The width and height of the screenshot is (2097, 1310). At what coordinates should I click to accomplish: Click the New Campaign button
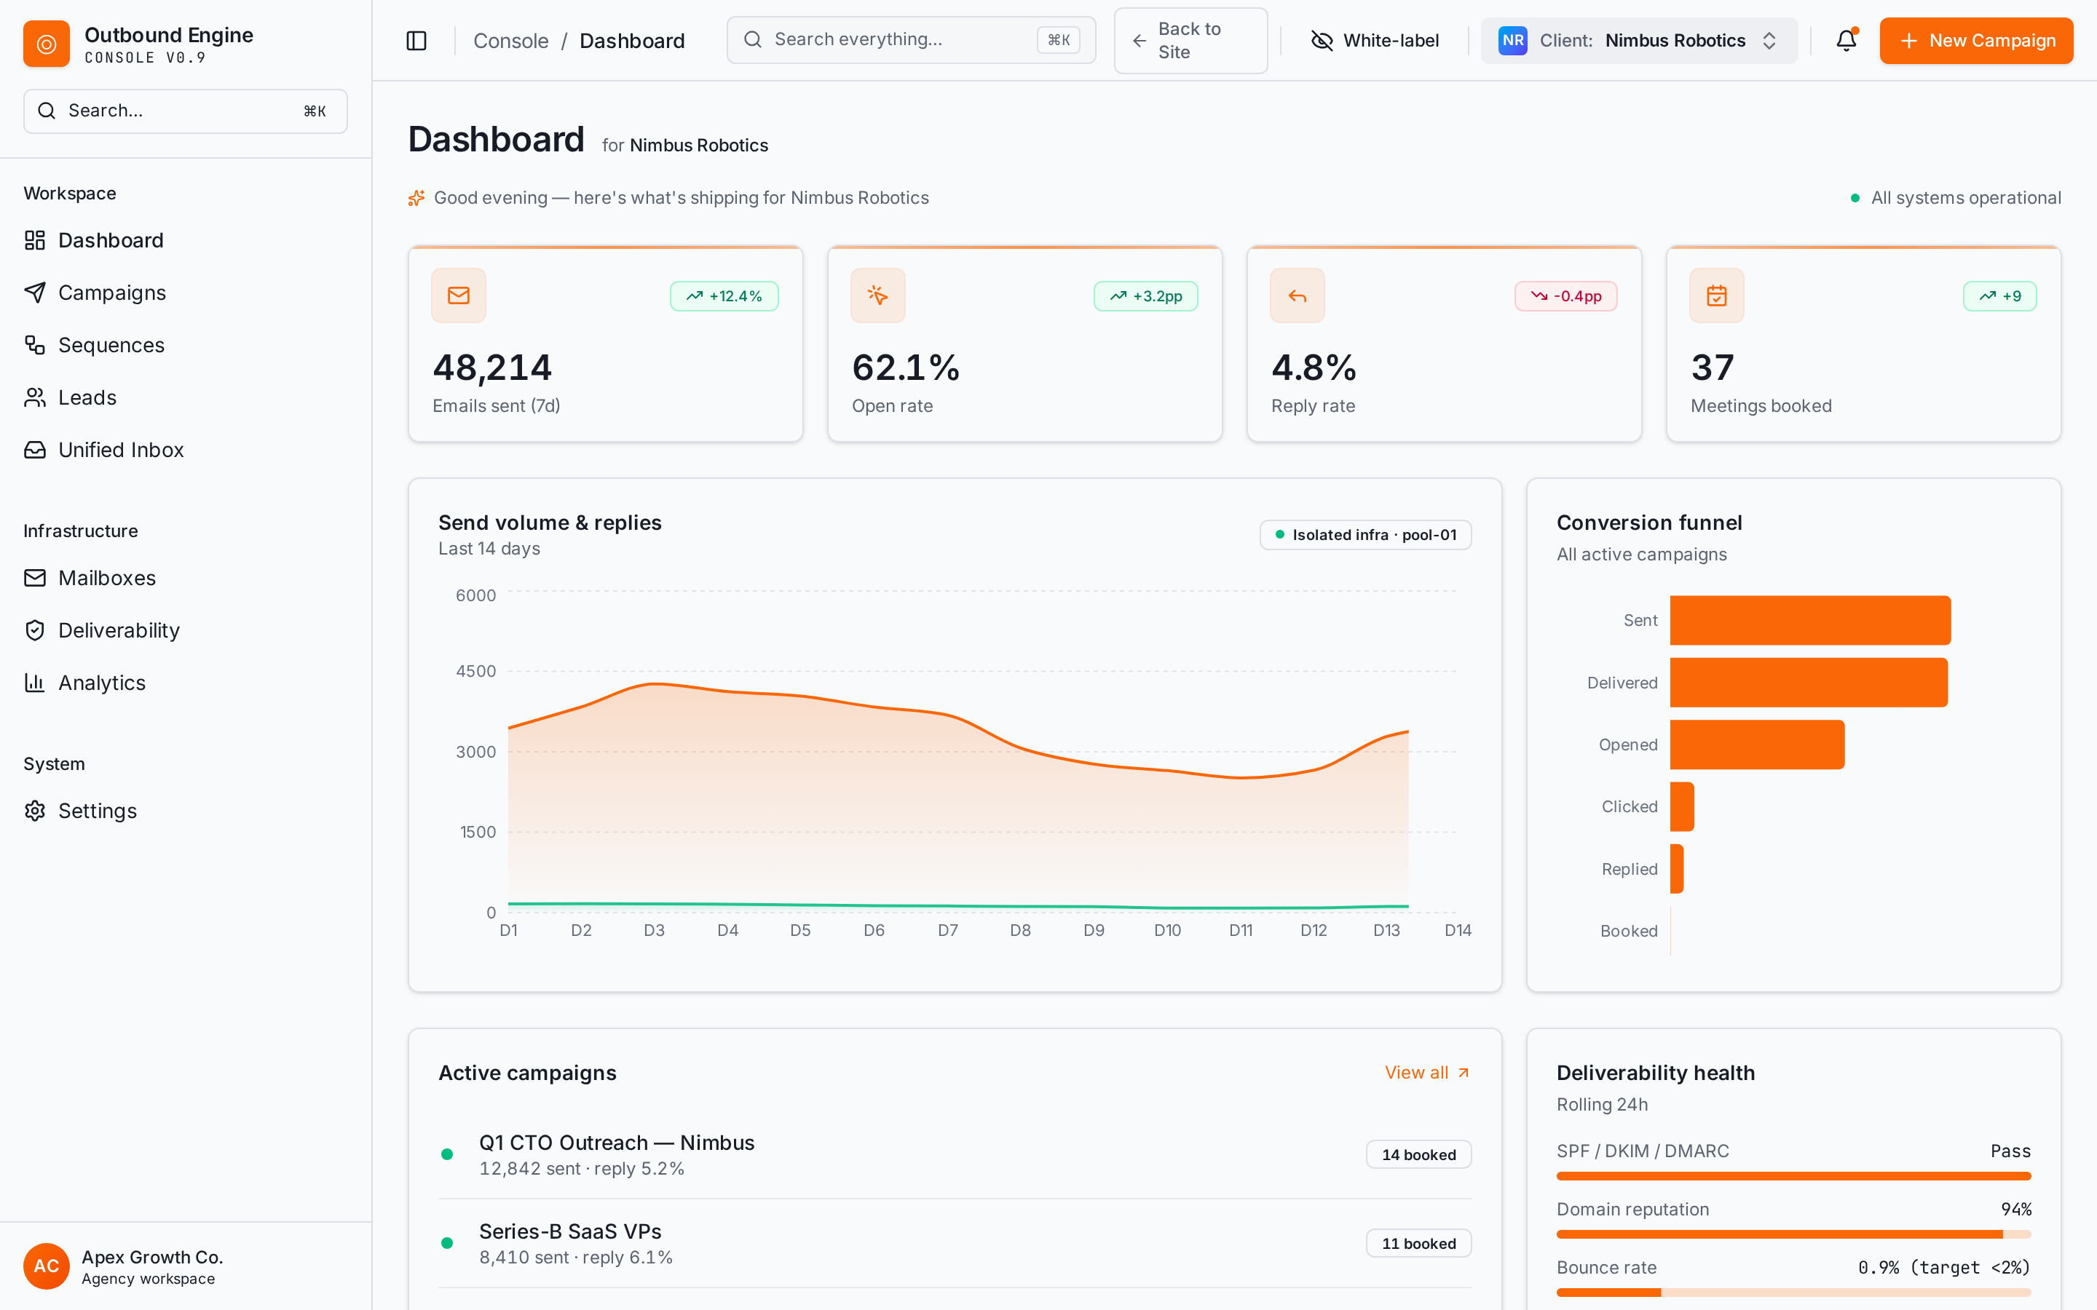[1975, 41]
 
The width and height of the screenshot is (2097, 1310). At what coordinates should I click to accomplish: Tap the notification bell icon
[1847, 41]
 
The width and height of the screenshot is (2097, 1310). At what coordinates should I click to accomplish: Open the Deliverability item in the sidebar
[119, 631]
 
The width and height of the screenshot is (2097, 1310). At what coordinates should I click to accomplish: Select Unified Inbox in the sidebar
[120, 450]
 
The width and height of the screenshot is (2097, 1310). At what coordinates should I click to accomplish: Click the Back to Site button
[1190, 41]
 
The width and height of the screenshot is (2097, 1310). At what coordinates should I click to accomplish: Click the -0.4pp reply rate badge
[1565, 296]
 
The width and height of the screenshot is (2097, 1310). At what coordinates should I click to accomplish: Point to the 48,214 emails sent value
[492, 368]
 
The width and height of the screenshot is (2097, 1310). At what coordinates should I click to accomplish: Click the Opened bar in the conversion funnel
[1757, 745]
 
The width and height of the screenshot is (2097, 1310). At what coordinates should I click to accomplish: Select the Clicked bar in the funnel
[1682, 806]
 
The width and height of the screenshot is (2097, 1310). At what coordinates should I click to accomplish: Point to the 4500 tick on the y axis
[475, 672]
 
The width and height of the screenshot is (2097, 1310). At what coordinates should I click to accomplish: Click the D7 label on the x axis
[948, 931]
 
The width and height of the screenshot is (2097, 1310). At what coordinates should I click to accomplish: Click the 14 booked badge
[1418, 1155]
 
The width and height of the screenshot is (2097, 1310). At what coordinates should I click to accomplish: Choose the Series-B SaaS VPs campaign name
[570, 1231]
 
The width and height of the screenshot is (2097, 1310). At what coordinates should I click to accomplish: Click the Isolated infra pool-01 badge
[1366, 535]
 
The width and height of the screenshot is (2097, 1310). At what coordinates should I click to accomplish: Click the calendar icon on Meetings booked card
[1717, 295]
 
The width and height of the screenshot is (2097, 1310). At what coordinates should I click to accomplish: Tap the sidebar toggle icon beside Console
[416, 41]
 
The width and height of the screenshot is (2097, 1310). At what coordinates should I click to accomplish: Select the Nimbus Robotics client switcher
[1638, 41]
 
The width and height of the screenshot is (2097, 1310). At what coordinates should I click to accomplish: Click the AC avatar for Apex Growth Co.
[46, 1266]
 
